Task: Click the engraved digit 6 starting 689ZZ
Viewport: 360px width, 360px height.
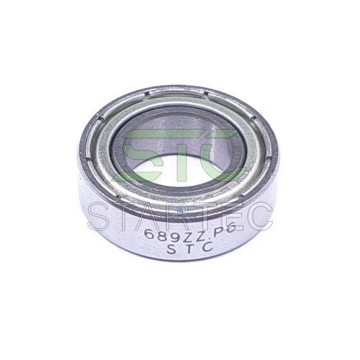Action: click(148, 233)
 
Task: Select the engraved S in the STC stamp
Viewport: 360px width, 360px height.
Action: click(171, 249)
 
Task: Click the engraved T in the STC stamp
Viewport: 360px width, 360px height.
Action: click(186, 249)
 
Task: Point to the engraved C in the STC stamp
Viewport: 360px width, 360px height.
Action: click(202, 247)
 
